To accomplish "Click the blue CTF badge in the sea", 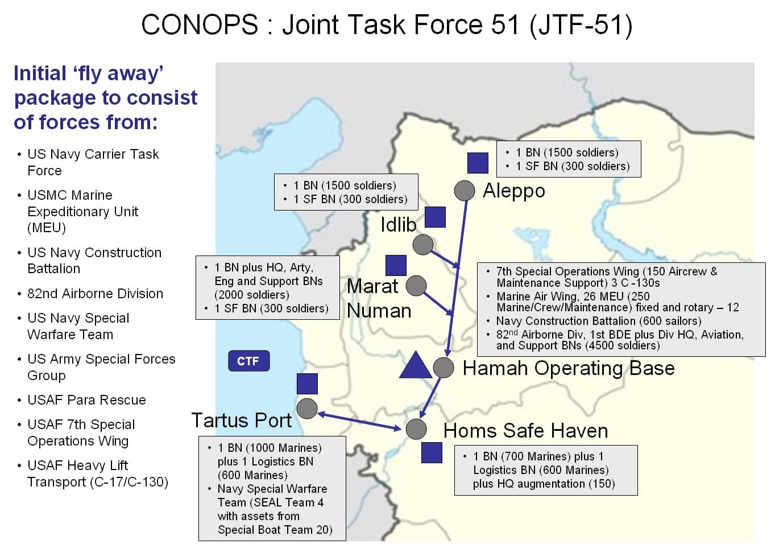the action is point(248,361).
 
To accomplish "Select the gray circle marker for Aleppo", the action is point(465,191).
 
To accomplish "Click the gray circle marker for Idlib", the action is point(423,245).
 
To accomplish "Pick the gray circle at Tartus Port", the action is point(307,409).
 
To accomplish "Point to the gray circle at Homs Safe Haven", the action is point(416,429).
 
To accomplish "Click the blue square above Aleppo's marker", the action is point(478,163).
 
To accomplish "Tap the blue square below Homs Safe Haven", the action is point(432,453).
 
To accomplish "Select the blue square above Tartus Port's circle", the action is point(307,384).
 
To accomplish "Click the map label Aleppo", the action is point(514,191).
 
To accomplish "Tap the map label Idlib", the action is point(399,225).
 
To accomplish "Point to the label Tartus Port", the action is point(242,421).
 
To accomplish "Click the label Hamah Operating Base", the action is point(569,368).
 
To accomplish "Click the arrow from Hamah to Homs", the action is point(430,398).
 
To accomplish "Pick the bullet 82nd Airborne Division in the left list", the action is point(95,294).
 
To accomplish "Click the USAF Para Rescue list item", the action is point(86,400).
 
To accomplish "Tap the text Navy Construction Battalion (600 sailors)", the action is point(599,321).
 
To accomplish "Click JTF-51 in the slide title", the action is point(581,25).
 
